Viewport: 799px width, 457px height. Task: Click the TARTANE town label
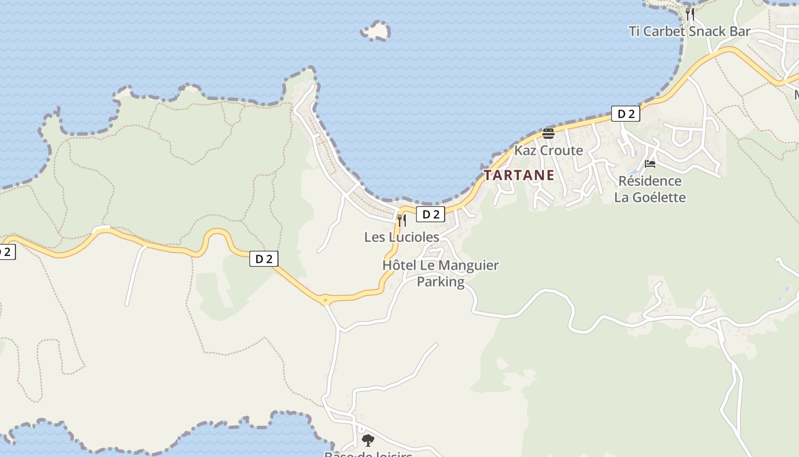click(x=519, y=175)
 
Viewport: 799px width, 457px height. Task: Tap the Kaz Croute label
click(x=548, y=151)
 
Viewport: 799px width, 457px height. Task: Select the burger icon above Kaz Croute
click(x=548, y=134)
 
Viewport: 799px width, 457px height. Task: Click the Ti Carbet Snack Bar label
click(x=689, y=31)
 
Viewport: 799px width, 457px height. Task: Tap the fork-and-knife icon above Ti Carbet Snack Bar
click(x=690, y=14)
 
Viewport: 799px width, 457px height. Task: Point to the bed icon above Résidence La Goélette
click(x=649, y=164)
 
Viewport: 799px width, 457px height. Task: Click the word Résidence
click(x=649, y=181)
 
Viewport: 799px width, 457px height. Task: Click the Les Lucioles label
click(x=402, y=237)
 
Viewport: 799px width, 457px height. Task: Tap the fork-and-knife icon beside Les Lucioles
click(x=402, y=220)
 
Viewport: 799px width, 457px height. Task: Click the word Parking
click(x=440, y=282)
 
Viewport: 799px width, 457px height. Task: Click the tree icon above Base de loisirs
click(x=368, y=440)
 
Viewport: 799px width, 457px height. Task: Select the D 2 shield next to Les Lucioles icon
click(x=430, y=214)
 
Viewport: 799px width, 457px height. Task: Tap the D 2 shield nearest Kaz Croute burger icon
click(x=626, y=114)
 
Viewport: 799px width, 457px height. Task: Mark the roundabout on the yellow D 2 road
click(x=325, y=299)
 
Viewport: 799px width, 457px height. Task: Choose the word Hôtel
click(x=399, y=266)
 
